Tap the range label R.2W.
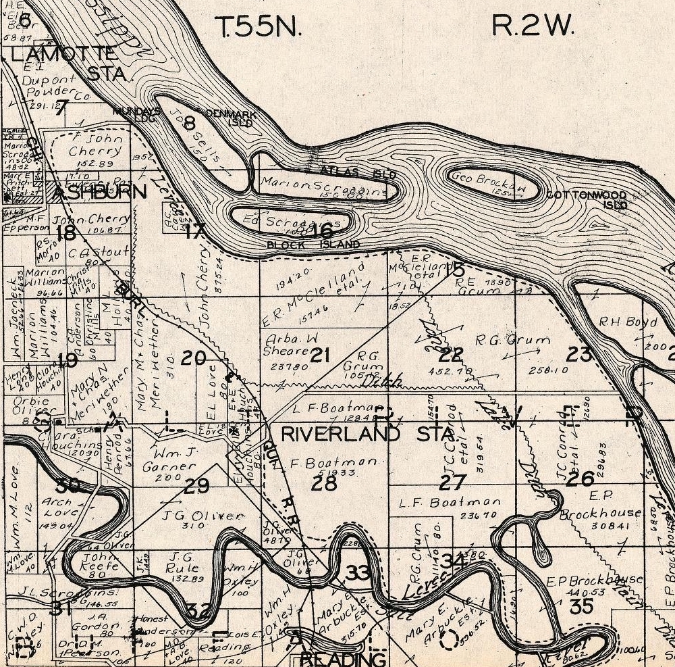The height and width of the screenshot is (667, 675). tap(533, 26)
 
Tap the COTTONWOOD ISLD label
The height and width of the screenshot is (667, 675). tap(587, 200)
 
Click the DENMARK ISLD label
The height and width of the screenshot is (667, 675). tap(230, 118)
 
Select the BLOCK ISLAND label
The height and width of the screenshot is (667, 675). tap(313, 245)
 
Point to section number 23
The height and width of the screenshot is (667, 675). tap(579, 353)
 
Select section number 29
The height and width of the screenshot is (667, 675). tap(197, 485)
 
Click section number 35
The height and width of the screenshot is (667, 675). tap(580, 605)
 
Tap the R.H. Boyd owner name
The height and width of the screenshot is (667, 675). tap(628, 322)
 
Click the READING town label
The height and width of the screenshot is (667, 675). tap(344, 658)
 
